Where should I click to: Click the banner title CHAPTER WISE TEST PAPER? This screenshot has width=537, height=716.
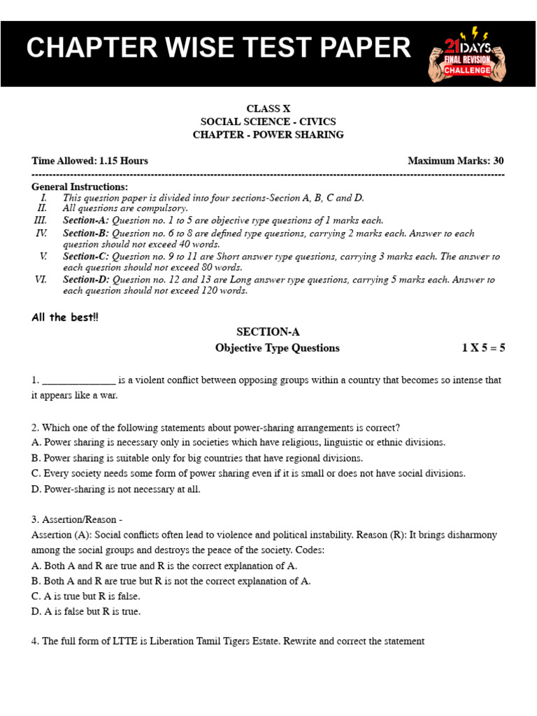click(219, 48)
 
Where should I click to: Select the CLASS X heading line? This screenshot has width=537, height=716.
click(268, 108)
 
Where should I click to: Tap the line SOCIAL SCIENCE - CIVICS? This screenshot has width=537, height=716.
click(268, 122)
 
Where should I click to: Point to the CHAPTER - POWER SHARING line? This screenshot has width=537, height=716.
click(268, 135)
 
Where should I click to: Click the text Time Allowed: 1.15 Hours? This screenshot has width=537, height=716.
click(89, 161)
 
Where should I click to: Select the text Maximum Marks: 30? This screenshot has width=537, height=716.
click(455, 161)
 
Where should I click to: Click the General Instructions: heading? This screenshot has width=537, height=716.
click(80, 187)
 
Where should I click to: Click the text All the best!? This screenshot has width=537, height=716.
click(65, 317)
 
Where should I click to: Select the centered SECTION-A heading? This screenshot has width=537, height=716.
click(268, 332)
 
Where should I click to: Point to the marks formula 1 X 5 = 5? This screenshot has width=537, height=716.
click(482, 348)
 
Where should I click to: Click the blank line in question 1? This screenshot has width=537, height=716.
click(79, 381)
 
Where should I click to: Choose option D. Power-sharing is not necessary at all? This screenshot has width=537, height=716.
click(116, 489)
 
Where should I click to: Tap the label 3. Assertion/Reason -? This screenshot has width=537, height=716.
click(77, 520)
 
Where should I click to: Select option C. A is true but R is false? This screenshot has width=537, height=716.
click(86, 596)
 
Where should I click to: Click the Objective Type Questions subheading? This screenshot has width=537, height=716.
click(277, 348)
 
